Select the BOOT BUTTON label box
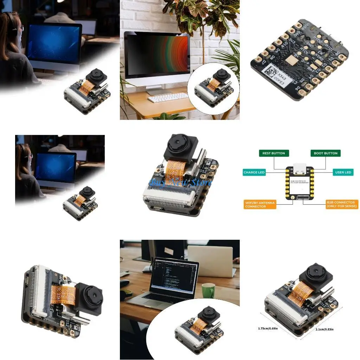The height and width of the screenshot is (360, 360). [326, 153]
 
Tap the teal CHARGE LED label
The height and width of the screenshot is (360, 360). [254, 172]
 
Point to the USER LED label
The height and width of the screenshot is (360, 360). [343, 172]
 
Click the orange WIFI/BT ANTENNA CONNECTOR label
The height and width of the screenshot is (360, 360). [260, 205]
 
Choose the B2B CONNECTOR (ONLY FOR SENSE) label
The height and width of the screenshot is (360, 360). [342, 205]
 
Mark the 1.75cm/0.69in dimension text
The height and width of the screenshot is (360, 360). [268, 328]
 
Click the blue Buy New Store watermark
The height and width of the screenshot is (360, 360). [180, 182]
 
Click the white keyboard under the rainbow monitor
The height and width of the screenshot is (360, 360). [168, 97]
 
